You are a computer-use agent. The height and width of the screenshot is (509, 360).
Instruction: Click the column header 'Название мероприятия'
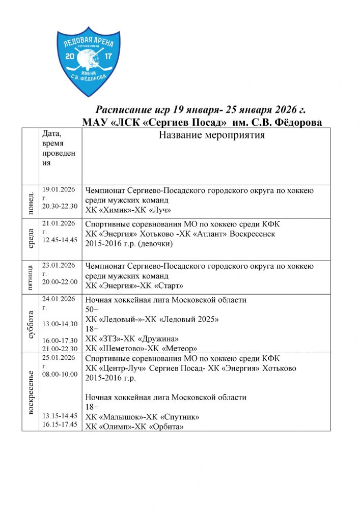212,135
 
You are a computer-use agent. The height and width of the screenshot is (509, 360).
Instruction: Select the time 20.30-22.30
60,206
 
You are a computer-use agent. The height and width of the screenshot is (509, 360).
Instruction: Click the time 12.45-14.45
60,240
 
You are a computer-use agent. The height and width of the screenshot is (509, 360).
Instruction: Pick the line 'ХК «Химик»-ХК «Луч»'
128,210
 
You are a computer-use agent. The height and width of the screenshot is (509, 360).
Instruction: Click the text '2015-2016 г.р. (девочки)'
129,243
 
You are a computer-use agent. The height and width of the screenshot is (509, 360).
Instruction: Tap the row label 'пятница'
30,277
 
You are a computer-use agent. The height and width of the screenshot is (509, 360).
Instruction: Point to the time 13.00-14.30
60,324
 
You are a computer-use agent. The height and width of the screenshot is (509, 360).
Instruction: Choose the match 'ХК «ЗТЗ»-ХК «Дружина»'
132,338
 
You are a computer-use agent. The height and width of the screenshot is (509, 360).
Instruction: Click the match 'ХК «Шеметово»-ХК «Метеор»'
141,348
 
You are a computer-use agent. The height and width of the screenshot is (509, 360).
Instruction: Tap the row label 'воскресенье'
30,392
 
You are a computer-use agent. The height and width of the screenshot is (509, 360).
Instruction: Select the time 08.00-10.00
60,374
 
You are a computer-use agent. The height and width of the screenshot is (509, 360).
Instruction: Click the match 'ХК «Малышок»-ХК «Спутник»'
142,417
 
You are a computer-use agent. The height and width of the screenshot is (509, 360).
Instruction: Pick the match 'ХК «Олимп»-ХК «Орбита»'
134,427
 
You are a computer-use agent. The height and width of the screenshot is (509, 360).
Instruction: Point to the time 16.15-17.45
60,424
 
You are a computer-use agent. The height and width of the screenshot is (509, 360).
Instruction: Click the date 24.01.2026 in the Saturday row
59,299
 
